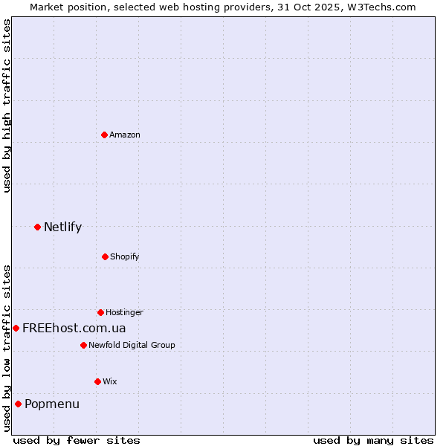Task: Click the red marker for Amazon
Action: (x=104, y=135)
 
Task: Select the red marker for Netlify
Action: (x=37, y=227)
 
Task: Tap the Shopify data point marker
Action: (x=105, y=256)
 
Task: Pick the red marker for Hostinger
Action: (x=100, y=312)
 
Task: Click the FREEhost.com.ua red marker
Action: (x=16, y=328)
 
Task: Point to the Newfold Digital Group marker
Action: (x=83, y=345)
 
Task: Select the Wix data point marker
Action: (x=97, y=381)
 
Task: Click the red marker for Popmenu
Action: (x=18, y=404)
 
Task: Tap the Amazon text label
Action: (x=125, y=135)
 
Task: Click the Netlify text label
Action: (x=62, y=227)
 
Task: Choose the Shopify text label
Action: (x=125, y=256)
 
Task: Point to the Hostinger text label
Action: (x=124, y=312)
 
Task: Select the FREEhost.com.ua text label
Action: (x=74, y=328)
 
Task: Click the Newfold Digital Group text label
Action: (x=132, y=345)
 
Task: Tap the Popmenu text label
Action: (x=52, y=404)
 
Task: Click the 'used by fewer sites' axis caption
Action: (x=77, y=440)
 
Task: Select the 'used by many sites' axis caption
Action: (x=373, y=440)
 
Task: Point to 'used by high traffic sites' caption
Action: (x=7, y=106)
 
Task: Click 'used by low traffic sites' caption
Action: (x=7, y=348)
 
